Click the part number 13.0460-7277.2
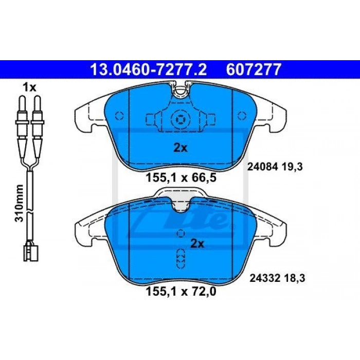pos(149,69)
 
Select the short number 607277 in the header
pos(254,69)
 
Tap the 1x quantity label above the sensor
pos(29,87)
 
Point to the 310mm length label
pos(20,203)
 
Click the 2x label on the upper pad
pos(181,148)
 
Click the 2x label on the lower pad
pos(197,244)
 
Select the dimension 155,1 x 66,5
pos(181,177)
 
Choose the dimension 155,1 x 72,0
pos(181,292)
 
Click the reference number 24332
pos(265,279)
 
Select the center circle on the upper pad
pos(181,119)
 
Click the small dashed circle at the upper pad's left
pos(119,116)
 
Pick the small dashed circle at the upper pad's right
pos(242,116)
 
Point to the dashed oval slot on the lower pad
pos(181,258)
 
